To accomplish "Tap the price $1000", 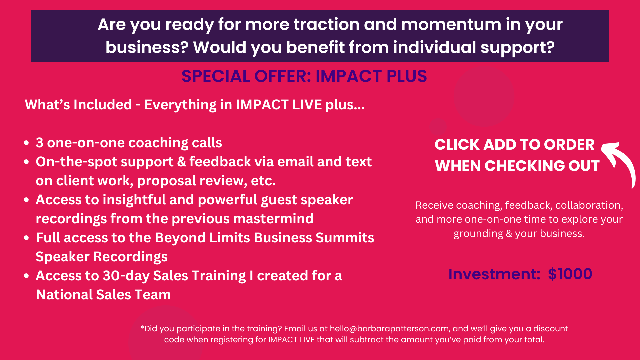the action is coord(570,274).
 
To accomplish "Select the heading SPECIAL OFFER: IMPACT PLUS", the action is coord(304,76).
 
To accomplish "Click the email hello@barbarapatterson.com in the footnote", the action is coord(389,329).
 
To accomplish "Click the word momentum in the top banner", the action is coord(451,25).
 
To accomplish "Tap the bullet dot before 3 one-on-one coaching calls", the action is coord(27,143).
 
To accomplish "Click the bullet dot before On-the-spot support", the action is coord(27,162).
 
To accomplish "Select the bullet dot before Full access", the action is coord(27,238).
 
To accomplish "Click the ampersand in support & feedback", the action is coord(182,162).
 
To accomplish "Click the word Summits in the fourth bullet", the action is coord(345,238).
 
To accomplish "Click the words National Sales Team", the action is coord(103,295).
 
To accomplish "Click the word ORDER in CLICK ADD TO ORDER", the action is coord(569,145).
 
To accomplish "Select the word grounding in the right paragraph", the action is coord(478,234).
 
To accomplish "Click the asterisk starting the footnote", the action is coord(142,327).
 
